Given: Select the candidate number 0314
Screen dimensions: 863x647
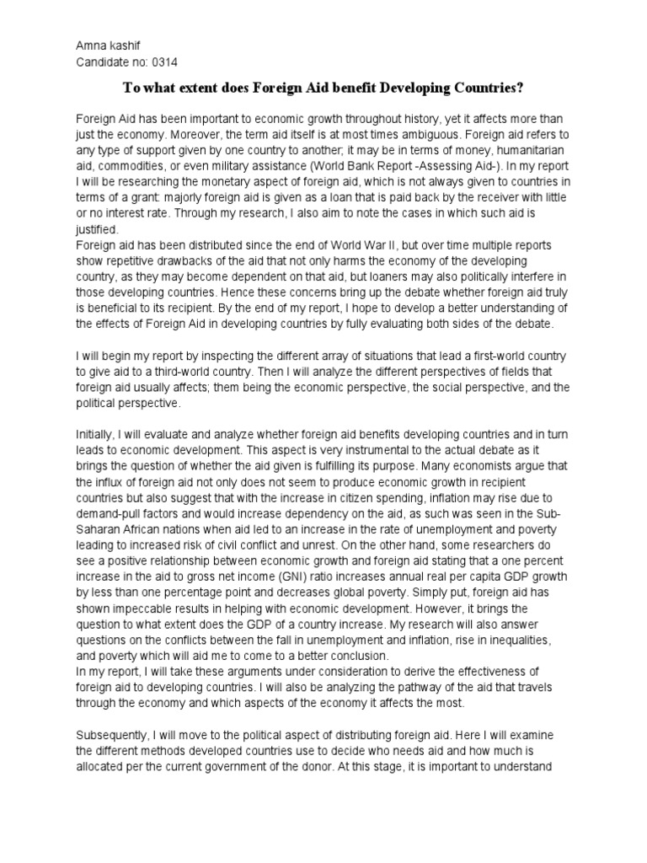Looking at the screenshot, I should click(164, 62).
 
